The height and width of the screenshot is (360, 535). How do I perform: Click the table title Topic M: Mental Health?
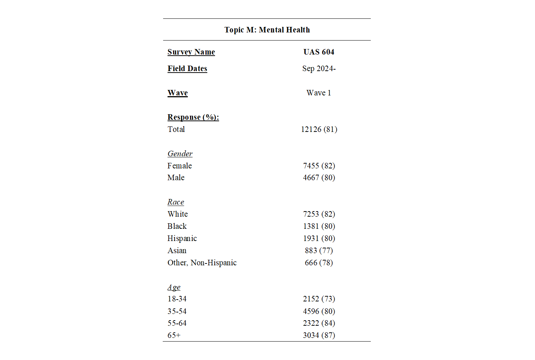267,30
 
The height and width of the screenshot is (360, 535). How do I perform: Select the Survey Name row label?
191,52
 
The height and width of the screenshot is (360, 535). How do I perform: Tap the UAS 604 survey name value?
318,52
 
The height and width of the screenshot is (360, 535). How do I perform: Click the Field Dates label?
187,69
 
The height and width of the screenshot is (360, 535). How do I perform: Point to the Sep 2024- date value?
318,69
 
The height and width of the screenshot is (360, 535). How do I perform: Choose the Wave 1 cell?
318,93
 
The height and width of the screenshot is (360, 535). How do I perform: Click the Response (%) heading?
193,117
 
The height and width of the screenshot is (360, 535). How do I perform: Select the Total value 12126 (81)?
319,129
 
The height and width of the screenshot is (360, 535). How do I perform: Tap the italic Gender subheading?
180,154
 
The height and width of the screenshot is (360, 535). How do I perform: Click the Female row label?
179,166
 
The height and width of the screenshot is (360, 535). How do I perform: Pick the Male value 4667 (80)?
319,178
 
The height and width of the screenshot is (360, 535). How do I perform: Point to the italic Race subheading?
176,202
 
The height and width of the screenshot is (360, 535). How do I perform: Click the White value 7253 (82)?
319,214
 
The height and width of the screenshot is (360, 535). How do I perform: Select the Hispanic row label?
182,238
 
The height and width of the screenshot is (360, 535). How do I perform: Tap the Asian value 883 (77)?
318,251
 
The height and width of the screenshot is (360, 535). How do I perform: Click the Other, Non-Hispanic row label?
202,263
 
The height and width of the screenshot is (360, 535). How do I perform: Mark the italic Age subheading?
174,287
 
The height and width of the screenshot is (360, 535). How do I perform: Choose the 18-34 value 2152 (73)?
319,299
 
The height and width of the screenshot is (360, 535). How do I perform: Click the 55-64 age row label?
177,323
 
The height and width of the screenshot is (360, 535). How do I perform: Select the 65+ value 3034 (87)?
319,335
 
